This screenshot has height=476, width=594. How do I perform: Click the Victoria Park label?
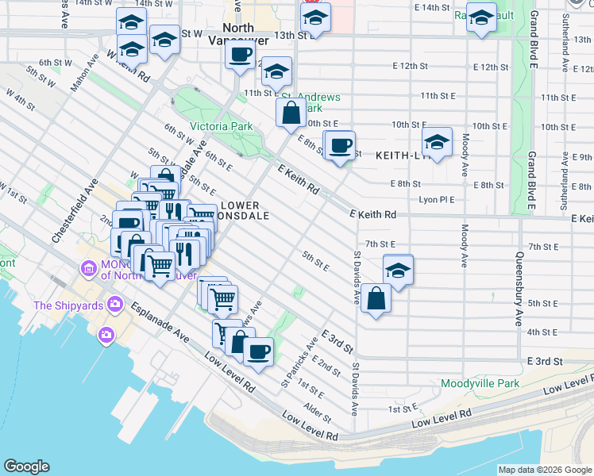(221, 126)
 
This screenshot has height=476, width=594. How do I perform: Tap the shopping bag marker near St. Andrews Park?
(291, 113)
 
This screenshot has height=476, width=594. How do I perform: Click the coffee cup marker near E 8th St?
(341, 146)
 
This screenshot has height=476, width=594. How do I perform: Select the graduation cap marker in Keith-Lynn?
(437, 143)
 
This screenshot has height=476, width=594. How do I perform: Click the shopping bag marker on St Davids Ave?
(376, 299)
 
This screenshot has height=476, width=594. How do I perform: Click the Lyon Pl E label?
(437, 200)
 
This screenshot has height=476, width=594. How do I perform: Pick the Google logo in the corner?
(26, 466)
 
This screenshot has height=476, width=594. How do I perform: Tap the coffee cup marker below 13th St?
(241, 56)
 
